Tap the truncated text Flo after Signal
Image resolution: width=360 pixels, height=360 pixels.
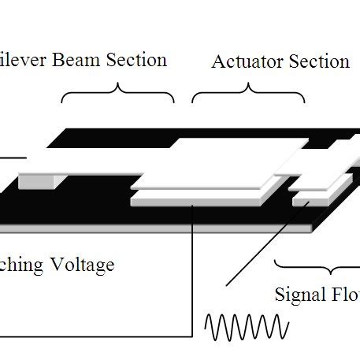coord(347,295)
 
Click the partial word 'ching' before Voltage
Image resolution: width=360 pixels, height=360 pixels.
coord(20,264)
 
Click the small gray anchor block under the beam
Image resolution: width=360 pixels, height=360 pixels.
coord(35,181)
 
